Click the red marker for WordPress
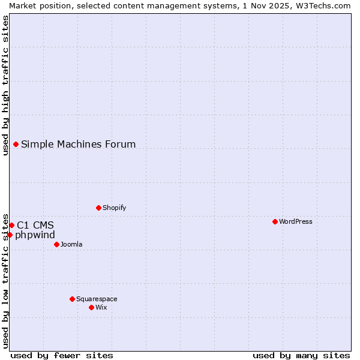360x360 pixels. click(x=275, y=221)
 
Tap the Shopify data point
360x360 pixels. click(x=98, y=208)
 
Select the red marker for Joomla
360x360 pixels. click(x=56, y=244)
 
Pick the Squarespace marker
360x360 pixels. click(x=72, y=299)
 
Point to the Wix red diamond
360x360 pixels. click(x=91, y=307)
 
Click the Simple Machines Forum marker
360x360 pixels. click(x=16, y=144)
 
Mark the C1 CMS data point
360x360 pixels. click(x=11, y=225)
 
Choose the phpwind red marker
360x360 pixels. click(x=10, y=235)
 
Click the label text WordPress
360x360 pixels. click(x=296, y=221)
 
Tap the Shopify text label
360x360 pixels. click(x=115, y=208)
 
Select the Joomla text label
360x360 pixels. click(x=71, y=244)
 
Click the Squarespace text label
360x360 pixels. click(x=97, y=299)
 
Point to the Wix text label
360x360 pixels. click(x=101, y=307)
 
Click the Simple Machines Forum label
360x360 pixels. click(x=79, y=144)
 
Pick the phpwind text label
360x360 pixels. click(x=35, y=235)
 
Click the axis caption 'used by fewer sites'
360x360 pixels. click(x=62, y=355)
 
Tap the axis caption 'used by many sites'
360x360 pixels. click(x=301, y=355)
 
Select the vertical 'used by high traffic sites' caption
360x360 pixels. click(x=5, y=85)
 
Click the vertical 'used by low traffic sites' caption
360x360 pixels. click(x=5, y=280)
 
